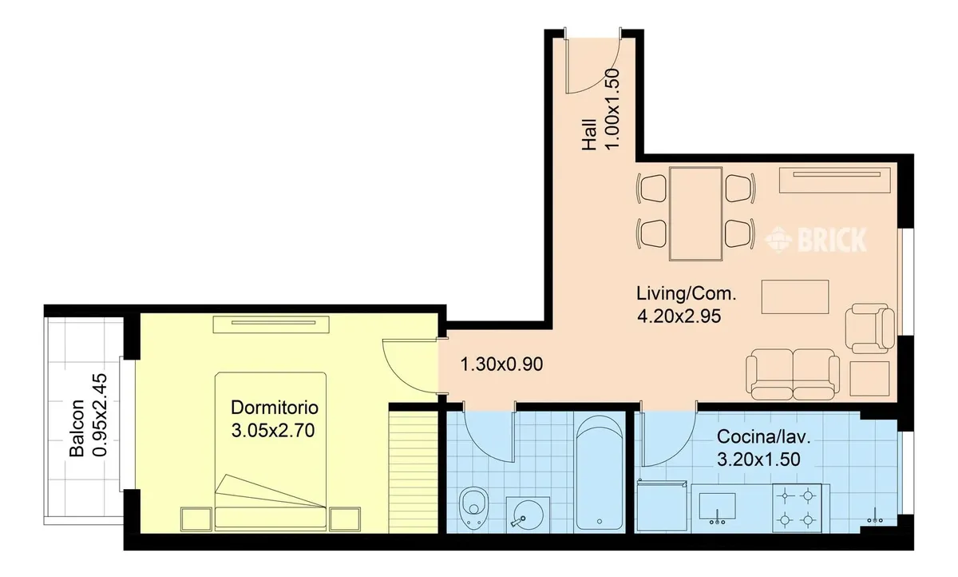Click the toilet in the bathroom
coord(474,509)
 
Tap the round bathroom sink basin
coord(528,515)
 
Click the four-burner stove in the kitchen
coord(797,508)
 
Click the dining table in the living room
coord(696,213)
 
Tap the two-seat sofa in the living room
coord(793,375)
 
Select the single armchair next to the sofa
coord(870,328)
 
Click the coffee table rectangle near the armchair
coord(795,296)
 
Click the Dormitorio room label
coord(275,408)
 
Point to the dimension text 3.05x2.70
coord(273,430)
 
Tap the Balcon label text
coord(77,428)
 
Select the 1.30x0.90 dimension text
coord(501,364)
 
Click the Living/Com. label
coord(687,293)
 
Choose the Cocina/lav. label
coord(764,436)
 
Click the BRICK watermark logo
coord(816,240)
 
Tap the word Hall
coord(589,134)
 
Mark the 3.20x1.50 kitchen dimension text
coord(758,460)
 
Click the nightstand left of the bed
coord(196,519)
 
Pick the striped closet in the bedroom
coord(413,472)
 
